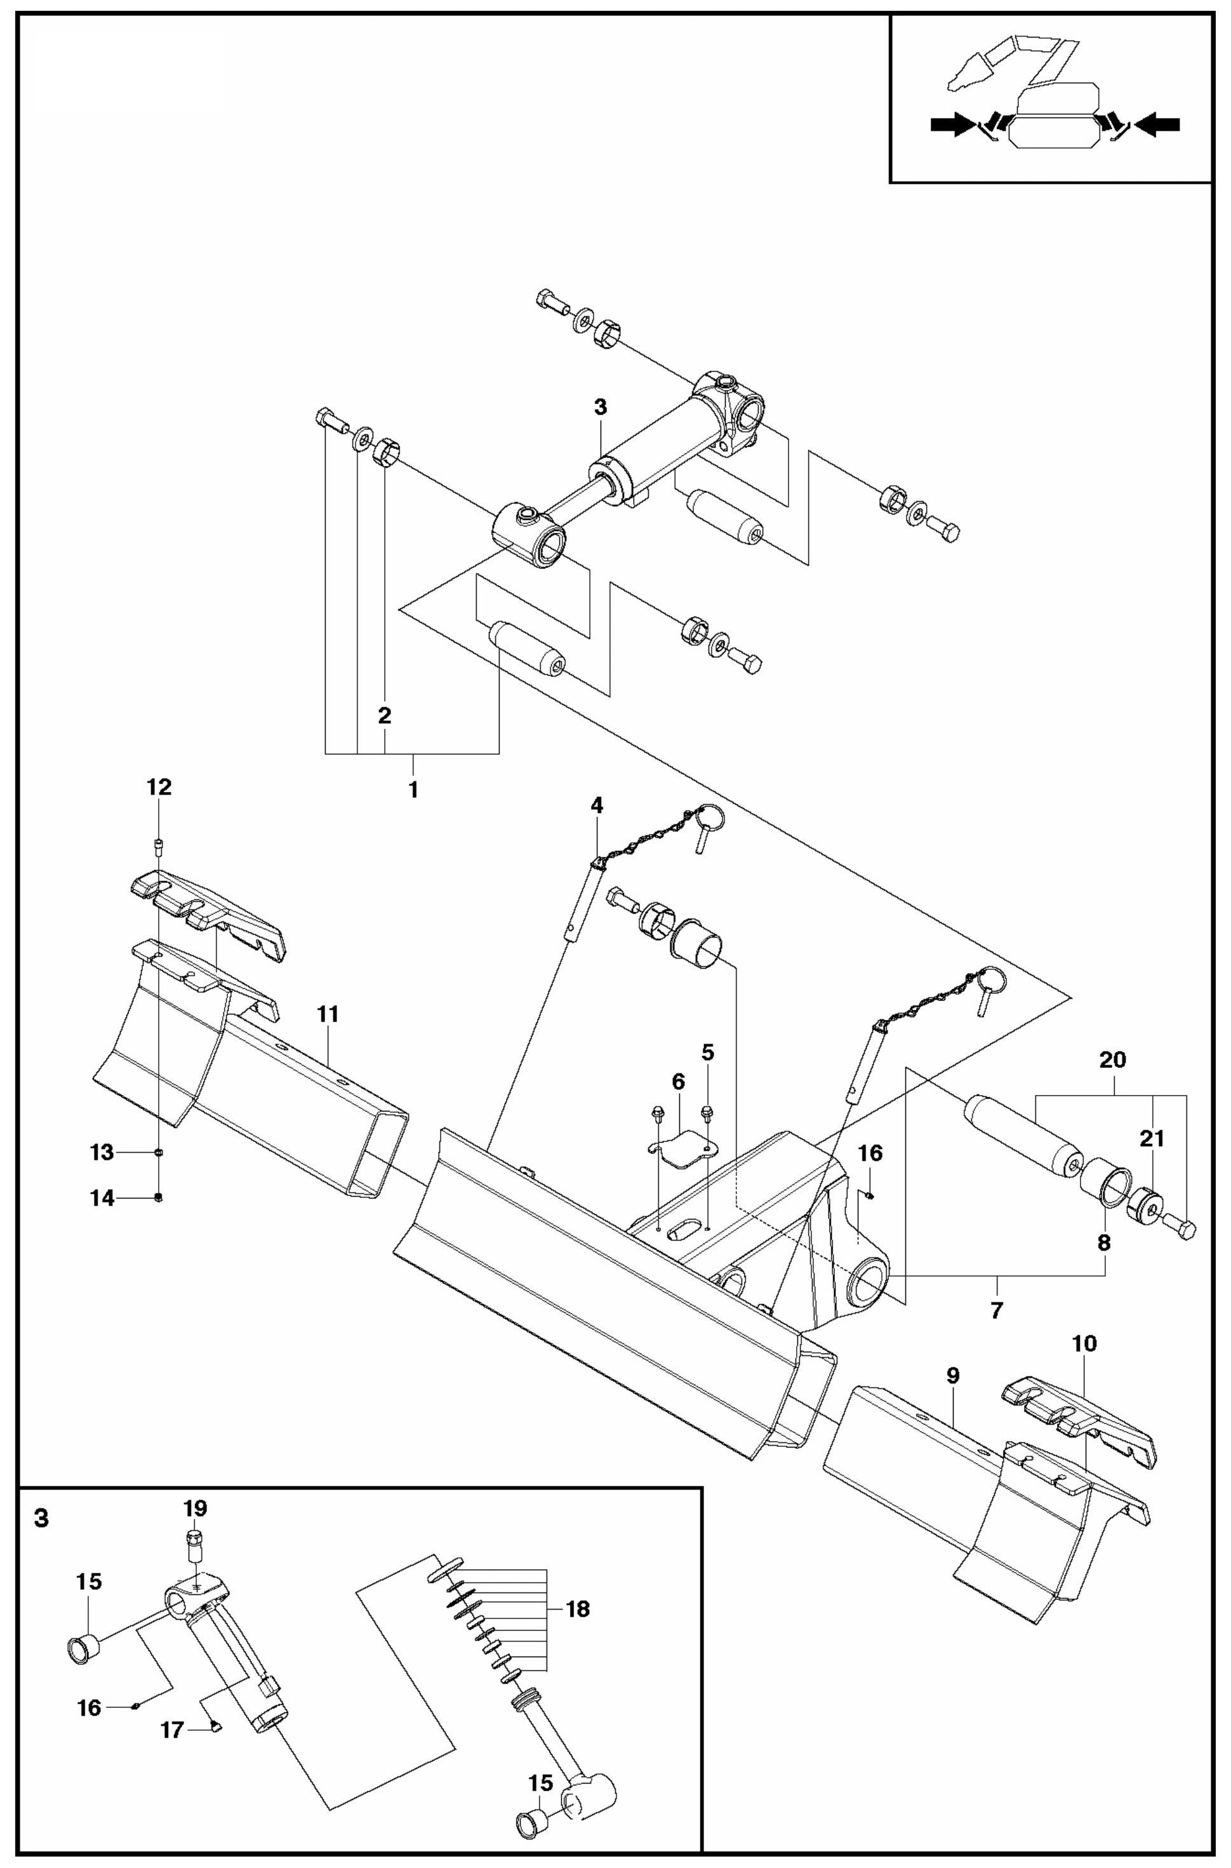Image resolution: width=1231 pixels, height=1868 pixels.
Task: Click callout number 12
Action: (x=159, y=787)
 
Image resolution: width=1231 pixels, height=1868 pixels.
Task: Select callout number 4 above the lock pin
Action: (x=597, y=805)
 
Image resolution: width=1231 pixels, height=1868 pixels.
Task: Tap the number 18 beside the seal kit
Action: (x=577, y=1609)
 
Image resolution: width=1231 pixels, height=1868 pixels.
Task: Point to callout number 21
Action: (x=1152, y=1139)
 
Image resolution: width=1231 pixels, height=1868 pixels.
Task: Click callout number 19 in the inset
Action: (x=196, y=1508)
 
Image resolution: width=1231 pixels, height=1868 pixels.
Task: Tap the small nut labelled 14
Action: (x=159, y=1197)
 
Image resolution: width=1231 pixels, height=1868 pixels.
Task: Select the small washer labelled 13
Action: (x=159, y=1152)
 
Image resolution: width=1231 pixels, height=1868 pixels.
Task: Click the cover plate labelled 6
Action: (x=681, y=1150)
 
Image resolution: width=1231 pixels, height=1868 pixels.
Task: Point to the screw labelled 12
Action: (x=159, y=845)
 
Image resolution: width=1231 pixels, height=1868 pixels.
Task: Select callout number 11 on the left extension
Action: (x=328, y=1014)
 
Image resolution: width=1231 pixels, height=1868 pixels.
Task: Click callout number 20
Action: (x=1112, y=1060)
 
